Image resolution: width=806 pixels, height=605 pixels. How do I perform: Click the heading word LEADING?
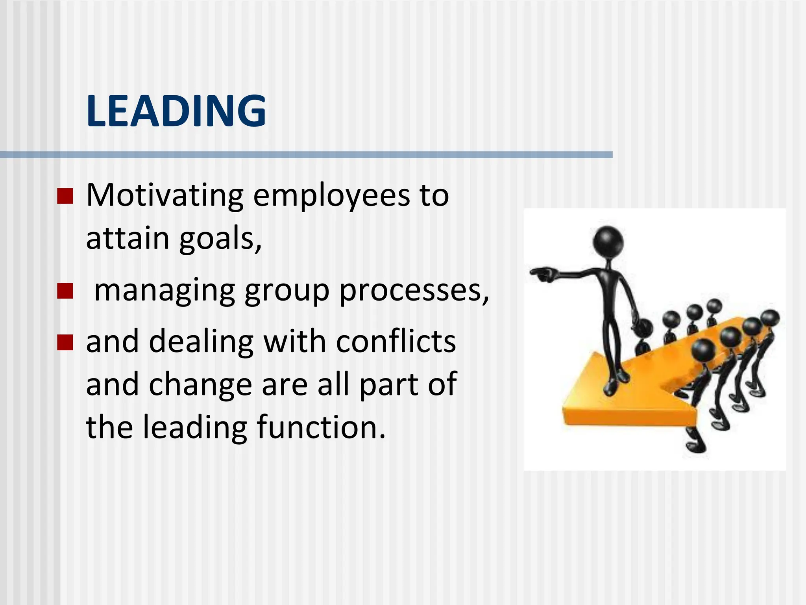[x=176, y=111]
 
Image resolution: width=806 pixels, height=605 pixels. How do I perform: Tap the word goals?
[x=220, y=239]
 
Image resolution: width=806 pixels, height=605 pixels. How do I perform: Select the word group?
[x=287, y=291]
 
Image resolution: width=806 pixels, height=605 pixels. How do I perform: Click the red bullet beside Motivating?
[x=65, y=196]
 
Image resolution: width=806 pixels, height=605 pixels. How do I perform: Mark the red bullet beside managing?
[x=65, y=291]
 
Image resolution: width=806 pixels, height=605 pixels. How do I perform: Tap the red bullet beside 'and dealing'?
[x=65, y=342]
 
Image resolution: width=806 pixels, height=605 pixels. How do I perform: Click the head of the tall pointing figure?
[x=608, y=241]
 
